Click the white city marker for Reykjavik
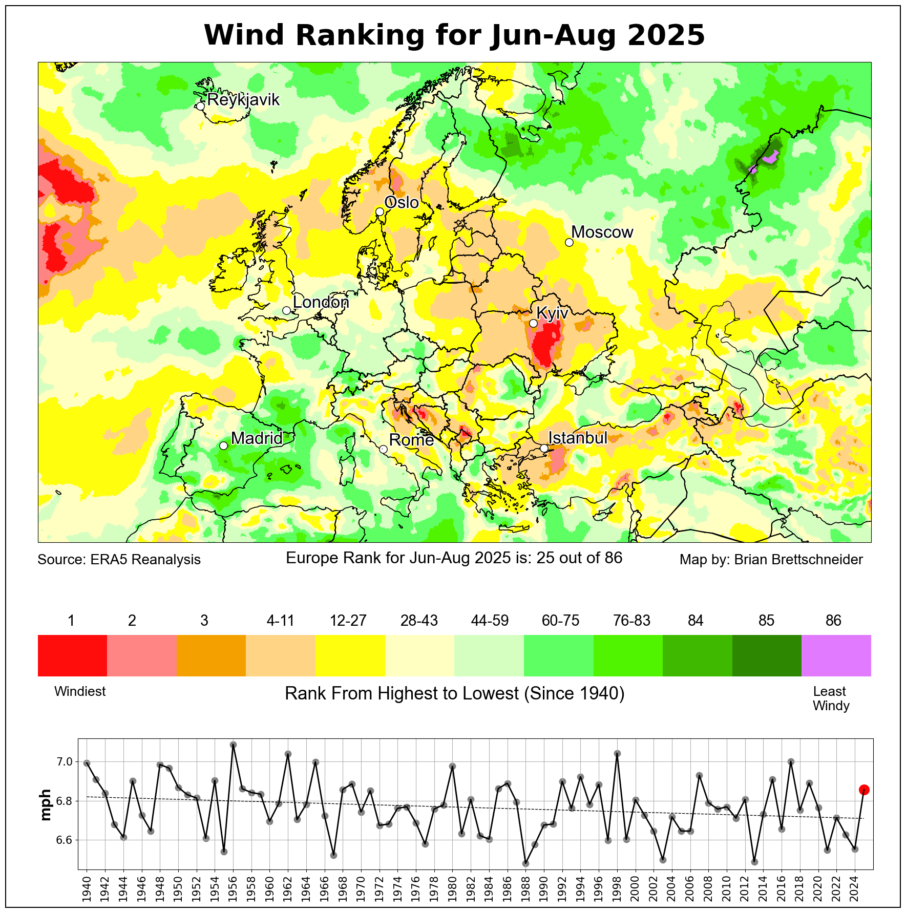(200, 106)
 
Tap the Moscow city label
(602, 232)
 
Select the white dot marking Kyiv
(533, 323)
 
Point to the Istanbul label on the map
(577, 438)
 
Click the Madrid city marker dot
(223, 445)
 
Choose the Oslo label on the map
(402, 203)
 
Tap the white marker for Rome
(383, 449)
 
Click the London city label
(321, 302)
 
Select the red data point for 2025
(864, 790)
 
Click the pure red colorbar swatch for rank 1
(72, 655)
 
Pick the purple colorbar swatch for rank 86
(836, 655)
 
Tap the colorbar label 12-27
(348, 621)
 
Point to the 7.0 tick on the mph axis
(65, 762)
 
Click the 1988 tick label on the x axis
(525, 890)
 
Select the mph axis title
(46, 804)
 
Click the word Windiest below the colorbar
(80, 691)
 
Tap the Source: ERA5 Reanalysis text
(119, 560)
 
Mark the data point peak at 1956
(233, 745)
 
